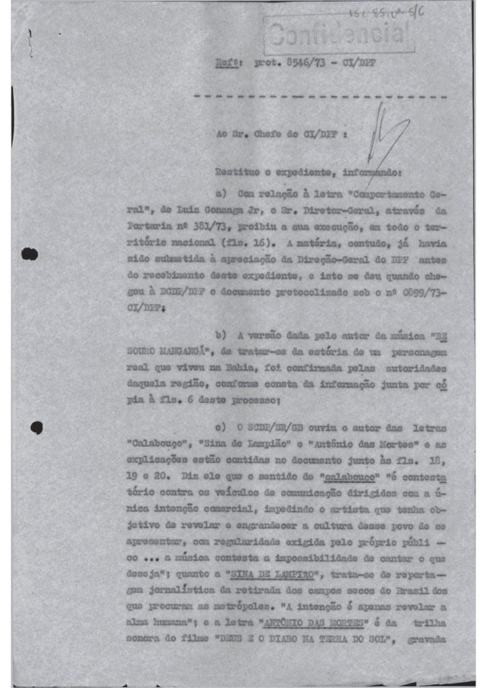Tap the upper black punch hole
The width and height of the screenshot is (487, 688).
click(28, 254)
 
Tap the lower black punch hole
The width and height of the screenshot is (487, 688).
click(37, 427)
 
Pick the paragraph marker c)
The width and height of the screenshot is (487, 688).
click(219, 428)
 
